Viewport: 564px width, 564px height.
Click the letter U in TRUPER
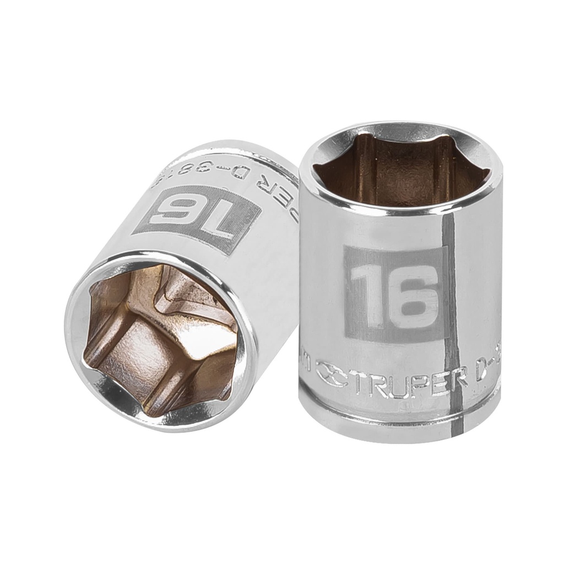pyautogui.click(x=397, y=382)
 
